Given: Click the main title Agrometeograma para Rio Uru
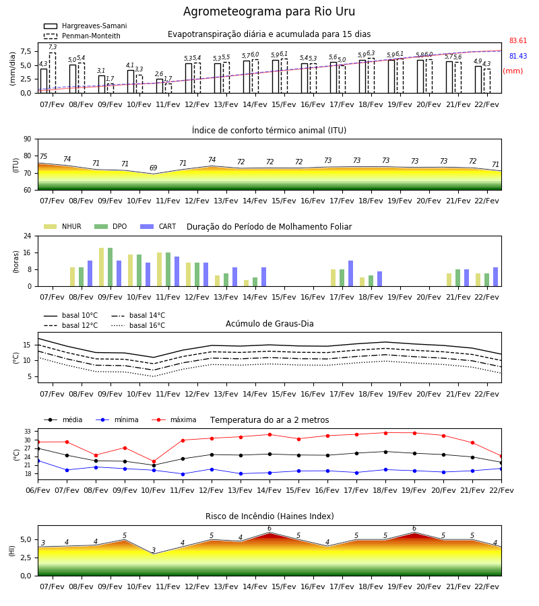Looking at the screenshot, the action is (269, 11).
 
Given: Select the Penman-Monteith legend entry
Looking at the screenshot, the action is (82, 36).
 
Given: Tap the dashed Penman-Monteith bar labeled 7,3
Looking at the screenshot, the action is (52, 73).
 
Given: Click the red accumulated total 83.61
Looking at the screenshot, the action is (518, 40).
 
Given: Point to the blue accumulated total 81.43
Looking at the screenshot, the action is (518, 56).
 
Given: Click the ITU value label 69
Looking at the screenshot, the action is (154, 168).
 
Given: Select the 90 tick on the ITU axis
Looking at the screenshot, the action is (28, 139).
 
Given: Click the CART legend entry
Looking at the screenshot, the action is (158, 226).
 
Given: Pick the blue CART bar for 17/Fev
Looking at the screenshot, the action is (351, 273).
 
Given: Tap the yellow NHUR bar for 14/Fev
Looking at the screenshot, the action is (247, 283).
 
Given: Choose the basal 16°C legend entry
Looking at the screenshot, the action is (138, 325).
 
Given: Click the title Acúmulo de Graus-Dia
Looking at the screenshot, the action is (269, 324).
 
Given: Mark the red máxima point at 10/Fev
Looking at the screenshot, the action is (154, 461).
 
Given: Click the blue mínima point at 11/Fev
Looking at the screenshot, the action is (183, 474).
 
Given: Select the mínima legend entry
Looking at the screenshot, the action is (117, 419).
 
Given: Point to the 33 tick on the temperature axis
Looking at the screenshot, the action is (28, 432).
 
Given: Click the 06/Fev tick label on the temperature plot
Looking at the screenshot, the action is (38, 490).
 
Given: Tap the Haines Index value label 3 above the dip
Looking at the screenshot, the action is (154, 550).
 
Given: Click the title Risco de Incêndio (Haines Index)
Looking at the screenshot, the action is (269, 516).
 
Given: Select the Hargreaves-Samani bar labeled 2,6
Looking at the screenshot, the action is (160, 86).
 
